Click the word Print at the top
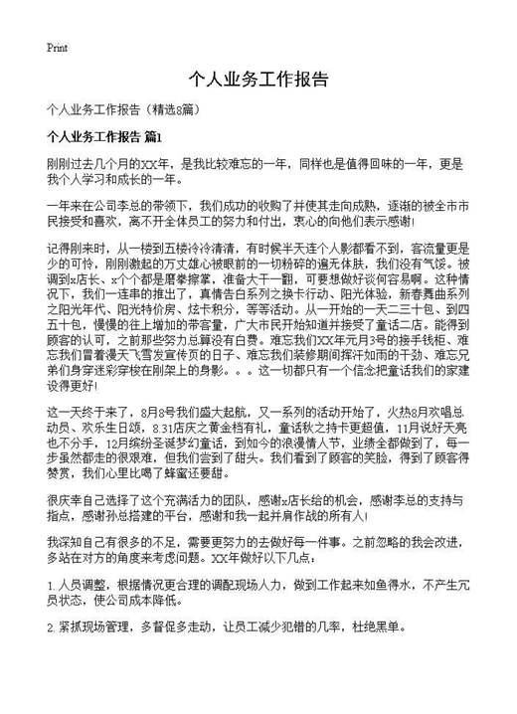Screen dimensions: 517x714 57,47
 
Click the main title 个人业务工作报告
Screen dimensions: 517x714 258,81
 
